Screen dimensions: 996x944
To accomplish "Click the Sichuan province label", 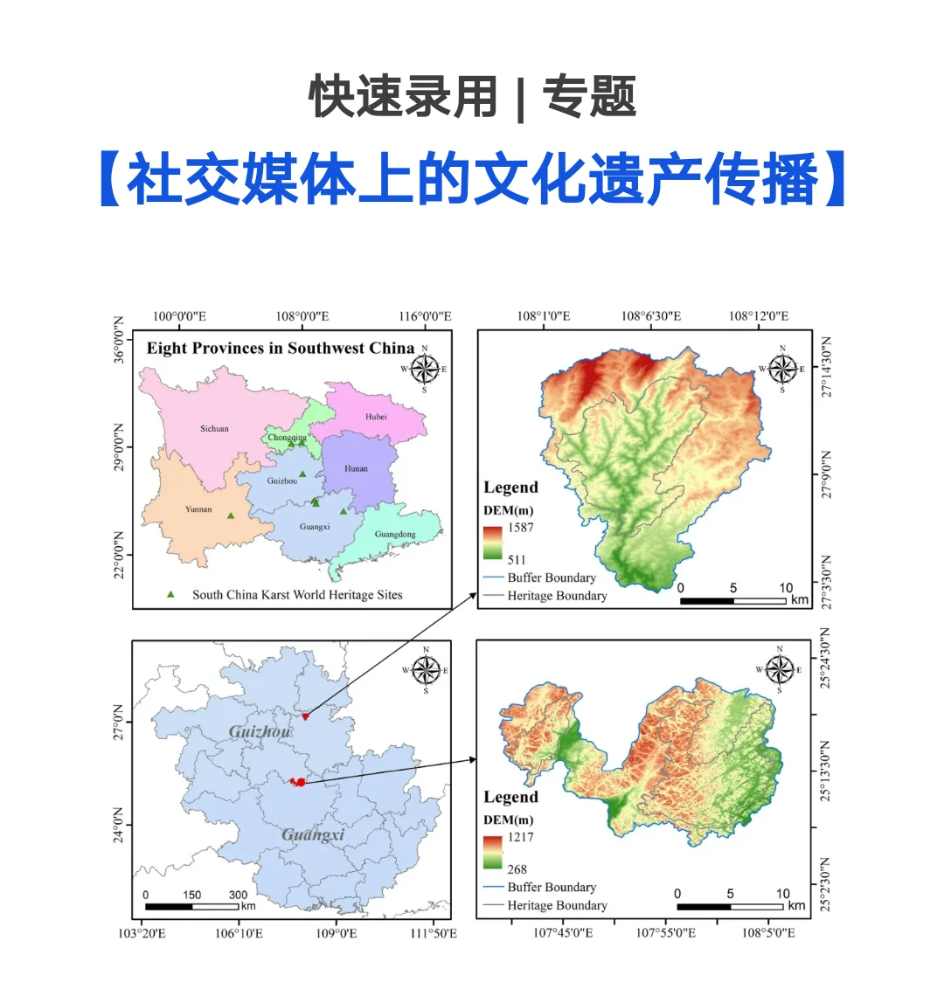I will (x=214, y=429).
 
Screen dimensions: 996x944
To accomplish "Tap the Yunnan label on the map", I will (x=198, y=509).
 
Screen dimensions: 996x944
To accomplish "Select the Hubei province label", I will (x=376, y=417).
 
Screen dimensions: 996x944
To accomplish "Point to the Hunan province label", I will (x=356, y=468).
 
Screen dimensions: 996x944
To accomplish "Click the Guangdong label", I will (x=395, y=534).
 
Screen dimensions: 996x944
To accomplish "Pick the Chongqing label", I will (x=287, y=437).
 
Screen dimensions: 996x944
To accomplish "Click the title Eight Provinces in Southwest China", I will (x=280, y=348).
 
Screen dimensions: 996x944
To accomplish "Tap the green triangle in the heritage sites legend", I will (x=170, y=594).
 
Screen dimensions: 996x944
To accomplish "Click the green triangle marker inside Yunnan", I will (x=231, y=515).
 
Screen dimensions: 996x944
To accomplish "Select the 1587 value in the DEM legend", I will (x=520, y=528).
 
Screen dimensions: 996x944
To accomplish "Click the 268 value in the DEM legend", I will (x=517, y=869).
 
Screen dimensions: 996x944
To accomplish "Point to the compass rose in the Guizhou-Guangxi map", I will (x=426, y=670).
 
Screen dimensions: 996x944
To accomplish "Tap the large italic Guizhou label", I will (x=260, y=731).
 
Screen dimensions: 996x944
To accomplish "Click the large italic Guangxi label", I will (x=313, y=835).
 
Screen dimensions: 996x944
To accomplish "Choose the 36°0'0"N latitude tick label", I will (x=120, y=341).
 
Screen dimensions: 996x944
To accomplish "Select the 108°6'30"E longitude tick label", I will (x=651, y=316).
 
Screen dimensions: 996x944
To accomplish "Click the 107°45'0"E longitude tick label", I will (x=563, y=933).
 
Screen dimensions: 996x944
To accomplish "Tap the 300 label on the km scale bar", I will (x=238, y=895).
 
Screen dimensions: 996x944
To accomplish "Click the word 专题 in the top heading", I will (x=589, y=97).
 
